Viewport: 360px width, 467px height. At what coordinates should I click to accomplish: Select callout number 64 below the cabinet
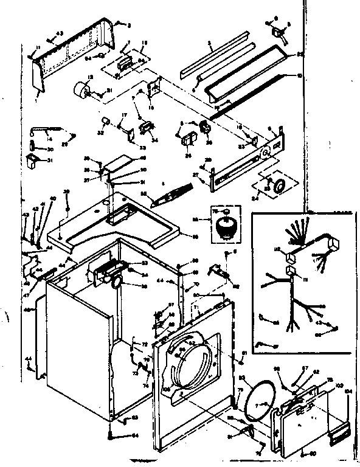click(135, 435)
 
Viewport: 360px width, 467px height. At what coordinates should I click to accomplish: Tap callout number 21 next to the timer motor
click(109, 91)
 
